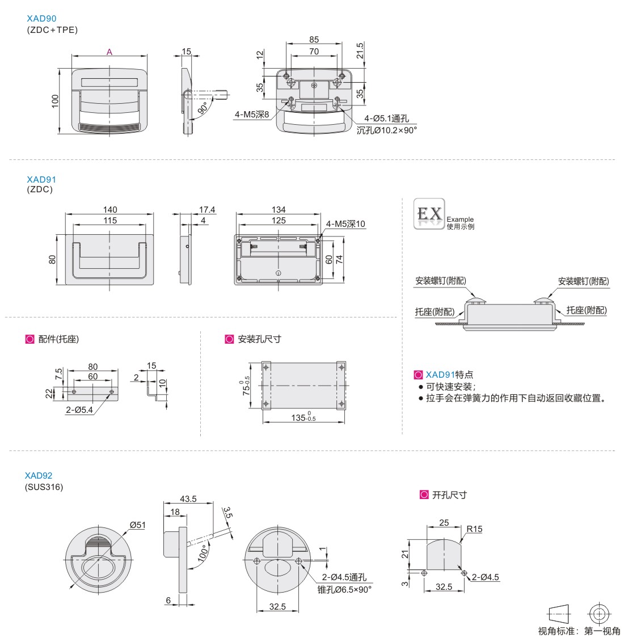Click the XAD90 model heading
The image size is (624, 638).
coord(41,19)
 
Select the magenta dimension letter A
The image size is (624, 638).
coord(109,52)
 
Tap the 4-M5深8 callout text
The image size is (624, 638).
coord(252,115)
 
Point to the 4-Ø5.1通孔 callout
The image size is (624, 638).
coord(386,119)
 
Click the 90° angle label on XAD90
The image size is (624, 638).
coord(203,108)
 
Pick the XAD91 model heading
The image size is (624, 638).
coord(41,179)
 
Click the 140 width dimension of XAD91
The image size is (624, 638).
coord(110,210)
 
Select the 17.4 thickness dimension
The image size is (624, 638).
coord(207,210)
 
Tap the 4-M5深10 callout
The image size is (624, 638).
coord(345,224)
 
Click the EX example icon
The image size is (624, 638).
coord(429,214)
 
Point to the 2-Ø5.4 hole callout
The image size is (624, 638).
coord(79,409)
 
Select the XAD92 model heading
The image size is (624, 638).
coord(39,475)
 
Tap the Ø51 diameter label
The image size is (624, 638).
coord(137,525)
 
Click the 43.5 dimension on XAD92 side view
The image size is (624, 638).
coord(188,499)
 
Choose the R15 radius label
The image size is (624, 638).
coord(474,529)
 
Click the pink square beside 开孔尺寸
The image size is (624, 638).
coord(424,495)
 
